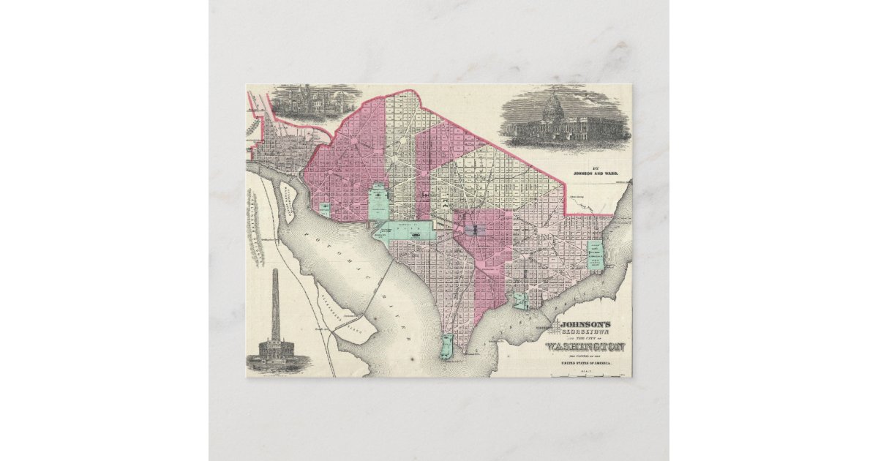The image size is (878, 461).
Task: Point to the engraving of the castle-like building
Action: pyautogui.click(x=316, y=102)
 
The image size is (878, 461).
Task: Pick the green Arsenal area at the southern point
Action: pyautogui.click(x=447, y=347)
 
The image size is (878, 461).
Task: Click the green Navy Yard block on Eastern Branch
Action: pyautogui.click(x=520, y=300)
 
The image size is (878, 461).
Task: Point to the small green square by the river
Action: pyautogui.click(x=324, y=209)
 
